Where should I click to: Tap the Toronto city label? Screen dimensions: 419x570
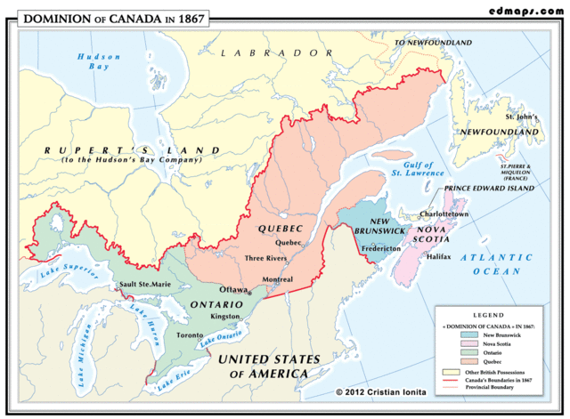189,335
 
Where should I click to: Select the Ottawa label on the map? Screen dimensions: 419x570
233,290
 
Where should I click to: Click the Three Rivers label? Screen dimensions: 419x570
265,258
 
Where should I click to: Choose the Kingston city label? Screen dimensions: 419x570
225,316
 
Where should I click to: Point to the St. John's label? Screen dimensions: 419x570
522,117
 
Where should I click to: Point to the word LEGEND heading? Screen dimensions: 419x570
494,316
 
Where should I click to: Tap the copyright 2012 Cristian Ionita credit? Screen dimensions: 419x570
380,391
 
